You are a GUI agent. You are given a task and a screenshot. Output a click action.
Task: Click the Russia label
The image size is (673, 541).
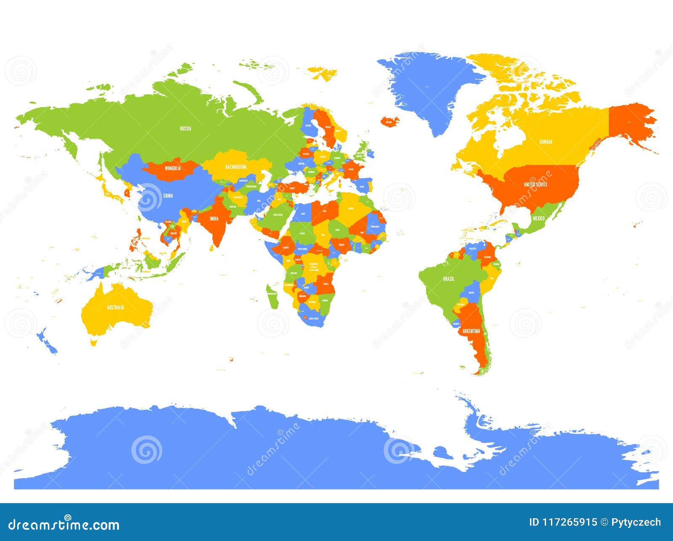185,128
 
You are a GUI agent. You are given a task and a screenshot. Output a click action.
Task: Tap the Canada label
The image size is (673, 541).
546,142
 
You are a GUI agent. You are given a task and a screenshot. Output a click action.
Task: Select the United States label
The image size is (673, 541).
535,184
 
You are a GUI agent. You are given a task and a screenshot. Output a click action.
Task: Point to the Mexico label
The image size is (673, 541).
538,218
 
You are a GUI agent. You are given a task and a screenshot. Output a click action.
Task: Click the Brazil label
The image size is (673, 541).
448,279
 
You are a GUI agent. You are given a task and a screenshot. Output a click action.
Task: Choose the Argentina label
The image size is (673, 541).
471,331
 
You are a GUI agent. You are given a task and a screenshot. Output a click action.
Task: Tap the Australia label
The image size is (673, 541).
115,307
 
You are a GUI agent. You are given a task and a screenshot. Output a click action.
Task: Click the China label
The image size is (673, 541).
168,196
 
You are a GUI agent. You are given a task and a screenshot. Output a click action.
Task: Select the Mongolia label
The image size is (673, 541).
172,168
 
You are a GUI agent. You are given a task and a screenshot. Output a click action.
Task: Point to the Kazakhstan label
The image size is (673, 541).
236,167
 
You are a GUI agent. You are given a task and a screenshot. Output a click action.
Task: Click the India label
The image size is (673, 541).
214,218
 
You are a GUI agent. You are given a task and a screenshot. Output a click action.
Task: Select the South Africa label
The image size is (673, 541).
314,319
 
